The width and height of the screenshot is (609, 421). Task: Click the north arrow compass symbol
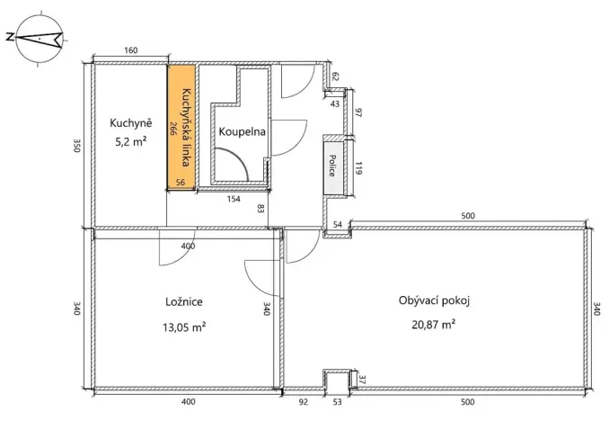click(39, 38)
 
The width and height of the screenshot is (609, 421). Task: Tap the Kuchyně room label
click(130, 122)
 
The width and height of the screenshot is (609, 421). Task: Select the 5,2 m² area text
click(130, 141)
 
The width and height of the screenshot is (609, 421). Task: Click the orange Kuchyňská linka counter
click(181, 127)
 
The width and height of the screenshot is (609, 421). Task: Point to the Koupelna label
click(242, 131)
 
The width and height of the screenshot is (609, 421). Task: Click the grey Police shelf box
click(333, 167)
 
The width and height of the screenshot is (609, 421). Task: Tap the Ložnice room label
click(184, 301)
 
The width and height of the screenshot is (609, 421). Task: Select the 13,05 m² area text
click(184, 327)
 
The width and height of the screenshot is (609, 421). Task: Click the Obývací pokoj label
click(434, 300)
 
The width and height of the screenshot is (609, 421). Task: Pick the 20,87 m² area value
click(434, 324)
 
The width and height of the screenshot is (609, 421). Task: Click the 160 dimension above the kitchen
click(131, 50)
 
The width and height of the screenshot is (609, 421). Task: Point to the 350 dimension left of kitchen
click(77, 146)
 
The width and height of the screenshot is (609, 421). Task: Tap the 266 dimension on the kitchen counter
click(172, 128)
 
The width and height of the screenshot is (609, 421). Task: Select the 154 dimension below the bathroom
click(234, 199)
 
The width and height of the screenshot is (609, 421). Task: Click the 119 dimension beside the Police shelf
click(358, 167)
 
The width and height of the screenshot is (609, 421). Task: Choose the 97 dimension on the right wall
click(358, 113)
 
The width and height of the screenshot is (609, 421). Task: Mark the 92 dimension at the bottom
click(303, 401)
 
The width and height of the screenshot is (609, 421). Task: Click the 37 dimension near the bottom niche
click(362, 379)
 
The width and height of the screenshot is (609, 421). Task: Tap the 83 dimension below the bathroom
click(260, 210)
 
